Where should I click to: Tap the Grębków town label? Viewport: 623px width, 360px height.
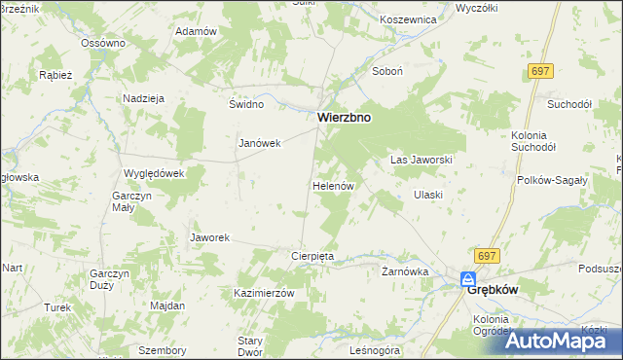[492, 289]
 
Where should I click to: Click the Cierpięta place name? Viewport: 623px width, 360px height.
[313, 256]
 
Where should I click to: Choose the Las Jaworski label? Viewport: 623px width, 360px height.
[421, 159]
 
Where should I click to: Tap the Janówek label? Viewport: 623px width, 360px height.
[260, 143]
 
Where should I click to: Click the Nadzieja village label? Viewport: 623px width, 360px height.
[143, 98]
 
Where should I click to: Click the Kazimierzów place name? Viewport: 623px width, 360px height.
[264, 293]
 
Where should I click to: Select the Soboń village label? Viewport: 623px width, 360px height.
[388, 71]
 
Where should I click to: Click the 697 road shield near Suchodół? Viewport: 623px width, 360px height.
[542, 72]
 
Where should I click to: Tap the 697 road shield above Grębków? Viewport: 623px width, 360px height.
[488, 255]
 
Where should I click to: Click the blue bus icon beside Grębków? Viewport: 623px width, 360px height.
[468, 279]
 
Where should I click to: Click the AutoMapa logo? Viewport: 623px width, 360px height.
[564, 340]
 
